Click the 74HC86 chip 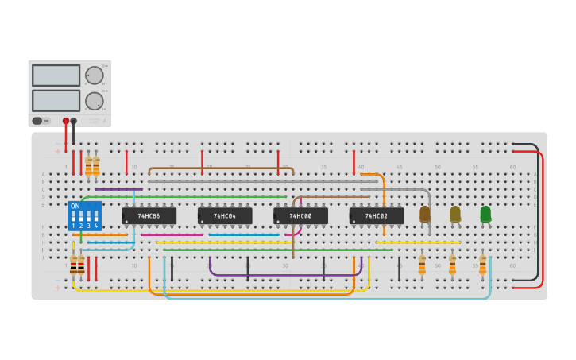[149, 215]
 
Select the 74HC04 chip [225, 215]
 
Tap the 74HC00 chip [300, 215]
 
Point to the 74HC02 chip [377, 215]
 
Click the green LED [485, 214]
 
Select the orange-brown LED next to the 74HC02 [425, 214]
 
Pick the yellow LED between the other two [455, 214]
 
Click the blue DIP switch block [85, 215]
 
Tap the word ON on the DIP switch [75, 207]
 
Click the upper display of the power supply [56, 75]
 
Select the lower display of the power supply [56, 100]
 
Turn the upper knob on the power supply [95, 75]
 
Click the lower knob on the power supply [95, 101]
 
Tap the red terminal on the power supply [66, 121]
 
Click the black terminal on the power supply [74, 121]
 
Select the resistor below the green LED [482, 265]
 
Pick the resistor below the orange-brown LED [422, 265]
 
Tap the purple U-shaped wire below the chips [286, 275]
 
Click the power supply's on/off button [37, 121]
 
